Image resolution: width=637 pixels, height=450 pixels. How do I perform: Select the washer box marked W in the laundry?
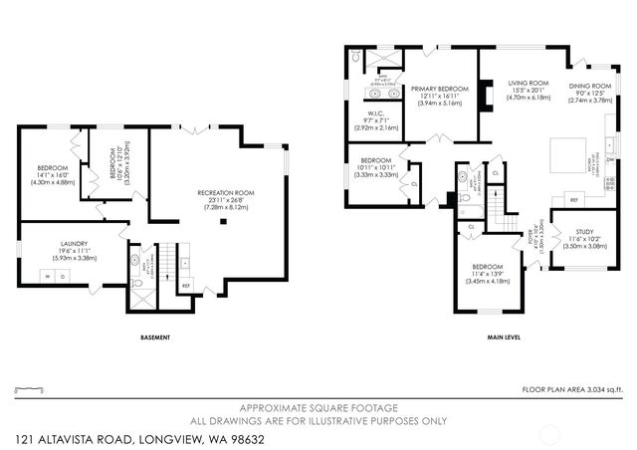coord(43,274)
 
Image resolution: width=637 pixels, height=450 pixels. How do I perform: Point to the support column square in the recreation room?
coord(226,223)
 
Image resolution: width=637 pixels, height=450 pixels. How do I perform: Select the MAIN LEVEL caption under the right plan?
coord(504,337)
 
